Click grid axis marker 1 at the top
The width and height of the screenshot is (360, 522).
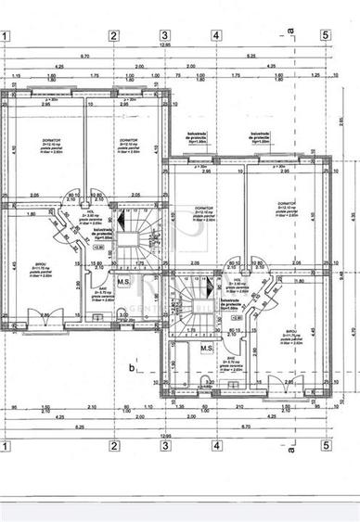click(6, 36)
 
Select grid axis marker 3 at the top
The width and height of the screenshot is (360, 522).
click(164, 36)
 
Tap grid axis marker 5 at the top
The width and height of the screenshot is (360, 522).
click(326, 36)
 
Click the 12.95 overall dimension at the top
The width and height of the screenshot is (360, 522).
click(165, 45)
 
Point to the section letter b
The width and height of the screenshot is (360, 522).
click(133, 367)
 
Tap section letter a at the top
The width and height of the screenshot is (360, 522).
click(289, 30)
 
